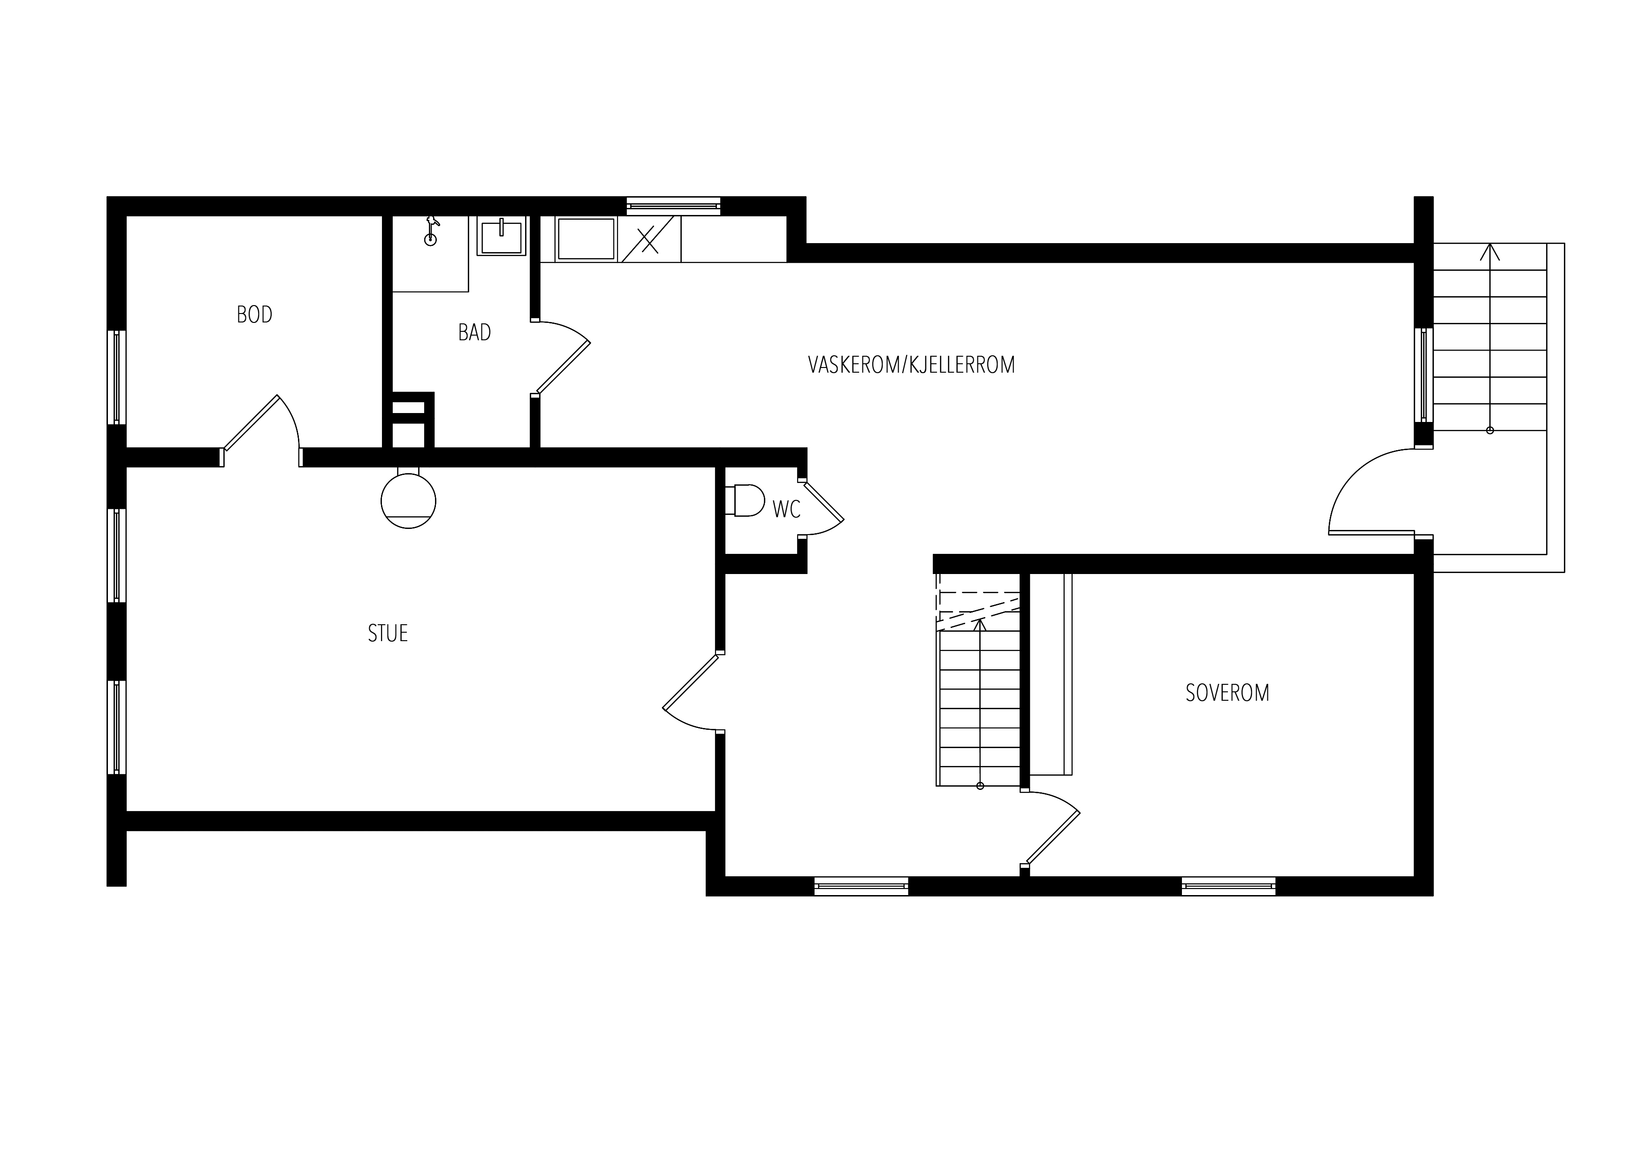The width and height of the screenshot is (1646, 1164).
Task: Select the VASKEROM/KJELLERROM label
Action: [x=911, y=365]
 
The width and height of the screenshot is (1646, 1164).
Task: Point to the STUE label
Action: [x=388, y=633]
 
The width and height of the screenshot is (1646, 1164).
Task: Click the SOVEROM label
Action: [x=1227, y=693]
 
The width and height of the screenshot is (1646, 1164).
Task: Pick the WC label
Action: [x=786, y=509]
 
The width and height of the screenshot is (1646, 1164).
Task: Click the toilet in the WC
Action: [x=745, y=501]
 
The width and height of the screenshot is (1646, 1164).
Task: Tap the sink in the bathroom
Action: [x=502, y=236]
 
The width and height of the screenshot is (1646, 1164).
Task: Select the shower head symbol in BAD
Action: [x=431, y=231]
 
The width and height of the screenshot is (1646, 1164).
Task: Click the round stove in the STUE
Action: [x=409, y=500]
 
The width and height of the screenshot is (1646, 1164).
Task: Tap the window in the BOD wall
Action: [x=117, y=377]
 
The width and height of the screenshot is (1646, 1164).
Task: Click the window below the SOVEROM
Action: [x=1229, y=887]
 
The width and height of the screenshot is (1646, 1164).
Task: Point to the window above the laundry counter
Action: [x=673, y=207]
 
